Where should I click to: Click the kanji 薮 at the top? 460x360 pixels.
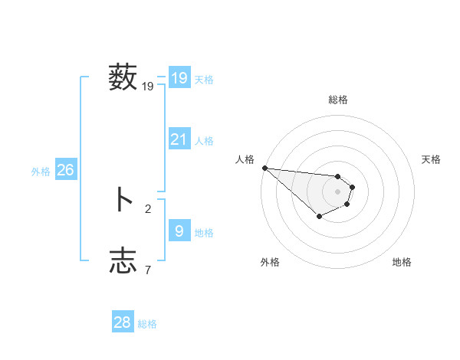click(x=123, y=78)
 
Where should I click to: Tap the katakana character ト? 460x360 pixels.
click(x=123, y=200)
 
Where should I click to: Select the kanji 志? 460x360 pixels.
click(x=123, y=260)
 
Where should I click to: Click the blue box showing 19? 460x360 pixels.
click(x=179, y=78)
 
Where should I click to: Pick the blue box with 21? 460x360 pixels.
click(x=179, y=139)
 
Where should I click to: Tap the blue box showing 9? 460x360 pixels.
click(x=179, y=231)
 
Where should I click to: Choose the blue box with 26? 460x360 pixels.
click(x=65, y=170)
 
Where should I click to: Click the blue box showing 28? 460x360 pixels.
click(x=123, y=322)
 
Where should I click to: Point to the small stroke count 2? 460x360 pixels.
click(x=148, y=208)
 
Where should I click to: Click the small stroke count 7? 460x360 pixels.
click(x=148, y=270)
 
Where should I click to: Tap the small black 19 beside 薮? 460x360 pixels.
click(x=148, y=87)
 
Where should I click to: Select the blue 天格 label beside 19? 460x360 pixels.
click(x=204, y=80)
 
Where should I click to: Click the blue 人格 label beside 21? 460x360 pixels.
click(x=204, y=141)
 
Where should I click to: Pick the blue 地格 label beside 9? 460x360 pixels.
click(x=204, y=233)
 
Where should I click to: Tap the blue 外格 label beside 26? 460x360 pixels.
click(x=41, y=172)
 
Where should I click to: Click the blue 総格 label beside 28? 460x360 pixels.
click(x=147, y=324)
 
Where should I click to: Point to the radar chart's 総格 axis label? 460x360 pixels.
click(x=338, y=100)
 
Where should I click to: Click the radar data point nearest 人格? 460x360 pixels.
click(x=264, y=168)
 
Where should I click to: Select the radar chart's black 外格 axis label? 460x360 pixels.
click(x=270, y=262)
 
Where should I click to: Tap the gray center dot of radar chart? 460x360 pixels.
click(x=337, y=191)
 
